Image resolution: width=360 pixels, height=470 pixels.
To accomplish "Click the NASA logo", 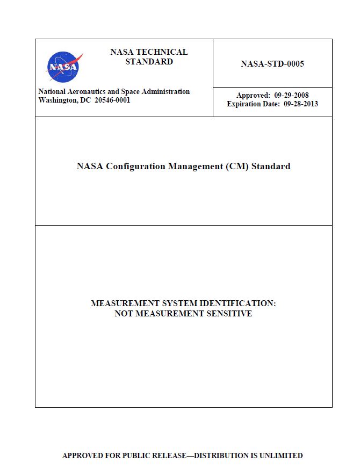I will [63, 67].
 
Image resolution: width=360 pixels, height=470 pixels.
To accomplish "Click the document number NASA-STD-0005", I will [272, 64].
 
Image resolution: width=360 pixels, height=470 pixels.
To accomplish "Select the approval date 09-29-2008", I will [291, 96].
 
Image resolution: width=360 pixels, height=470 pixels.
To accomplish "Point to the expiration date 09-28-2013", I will [301, 104].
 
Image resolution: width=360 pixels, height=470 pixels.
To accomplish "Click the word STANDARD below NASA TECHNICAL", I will [149, 62].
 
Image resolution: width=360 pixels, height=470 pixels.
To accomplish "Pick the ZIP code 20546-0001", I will [112, 100].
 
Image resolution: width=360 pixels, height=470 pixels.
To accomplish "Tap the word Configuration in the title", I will [135, 166].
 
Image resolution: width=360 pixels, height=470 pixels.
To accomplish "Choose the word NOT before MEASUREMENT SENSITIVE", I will [124, 314].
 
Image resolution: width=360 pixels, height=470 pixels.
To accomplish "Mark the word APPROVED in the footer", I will [81, 455].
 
